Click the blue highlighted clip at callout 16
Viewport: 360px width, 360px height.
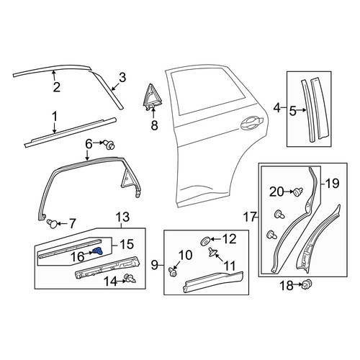pos(98,251)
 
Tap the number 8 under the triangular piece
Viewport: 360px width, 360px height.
pos(154,125)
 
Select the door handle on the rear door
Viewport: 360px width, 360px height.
pos(252,123)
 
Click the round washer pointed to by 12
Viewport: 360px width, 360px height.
pos(205,241)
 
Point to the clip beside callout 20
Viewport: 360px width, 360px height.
pos(298,192)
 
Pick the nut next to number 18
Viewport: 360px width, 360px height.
pos(307,284)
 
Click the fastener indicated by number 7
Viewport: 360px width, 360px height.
pos(52,224)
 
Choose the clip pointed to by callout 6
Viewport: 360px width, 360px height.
pos(110,145)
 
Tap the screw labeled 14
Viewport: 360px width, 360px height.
pos(130,279)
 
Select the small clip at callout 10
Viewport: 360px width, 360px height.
pos(172,272)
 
